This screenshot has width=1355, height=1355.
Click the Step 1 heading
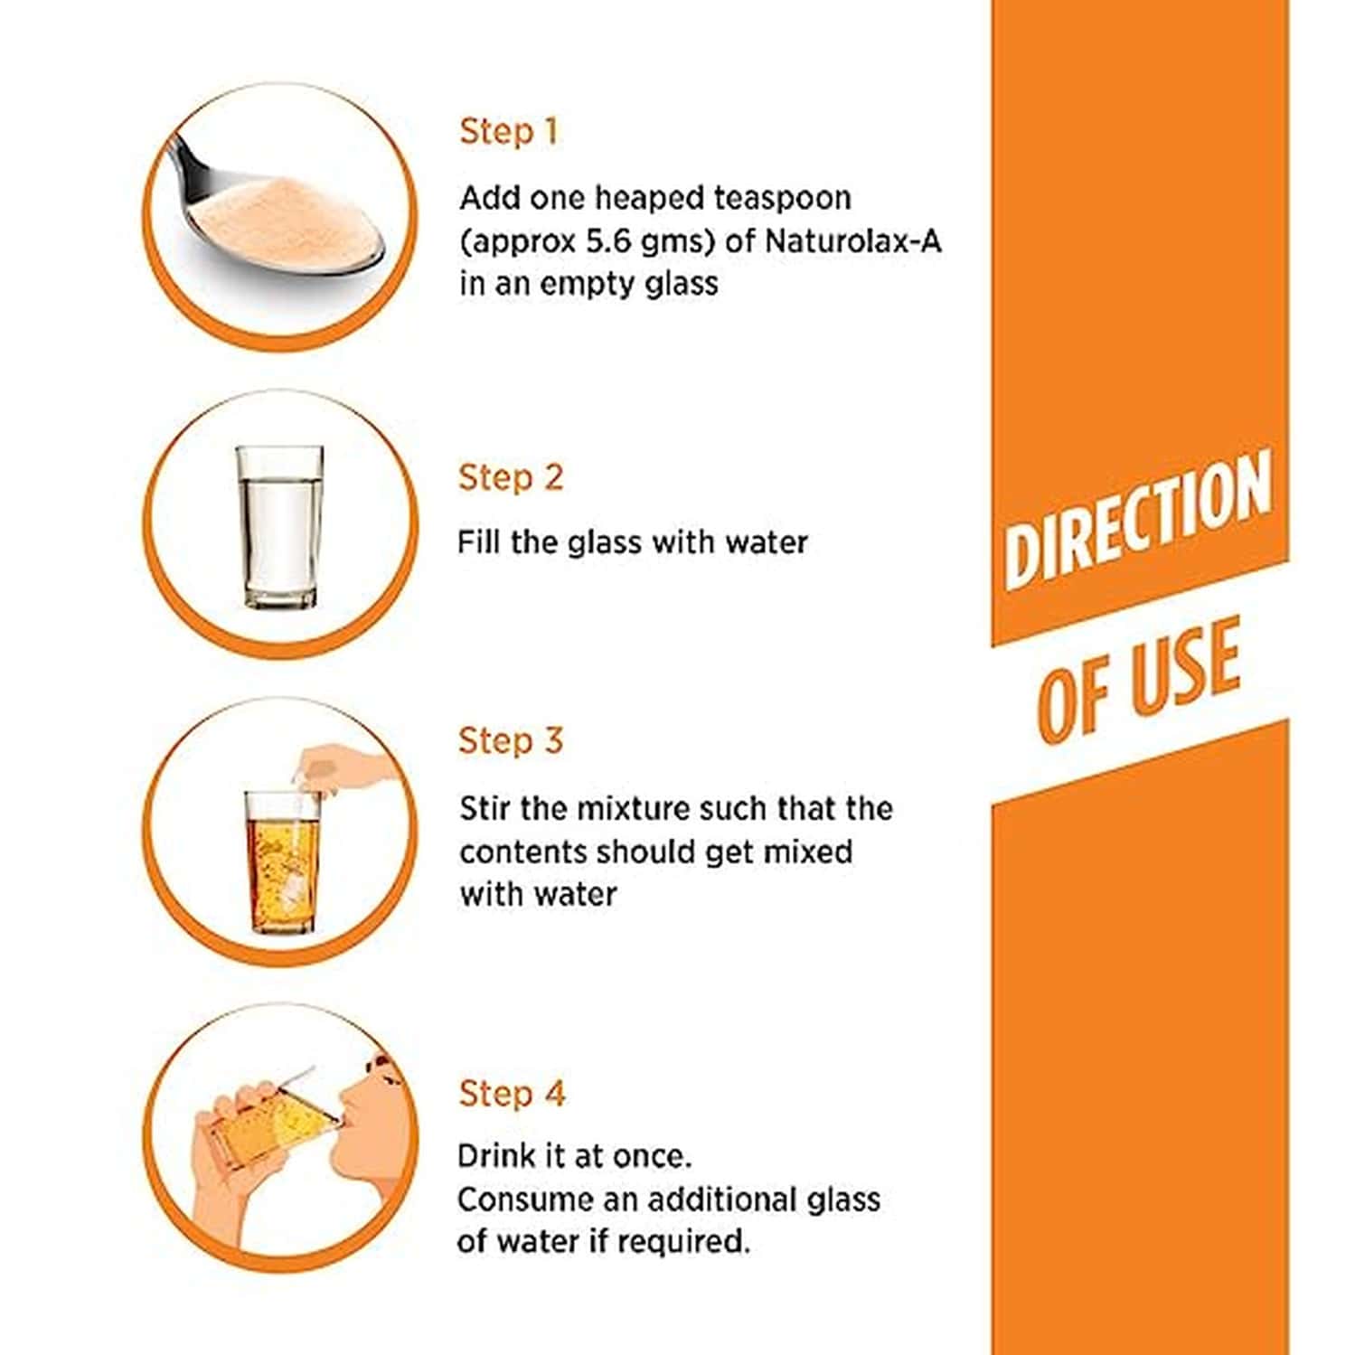(x=508, y=132)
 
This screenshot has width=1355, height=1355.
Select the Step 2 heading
(x=510, y=478)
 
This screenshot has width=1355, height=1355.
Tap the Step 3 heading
(x=510, y=741)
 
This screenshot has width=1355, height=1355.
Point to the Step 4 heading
(x=511, y=1094)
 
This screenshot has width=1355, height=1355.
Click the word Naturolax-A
(x=852, y=241)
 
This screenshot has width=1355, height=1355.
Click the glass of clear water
(x=280, y=526)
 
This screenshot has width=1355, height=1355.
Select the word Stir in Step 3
(x=485, y=808)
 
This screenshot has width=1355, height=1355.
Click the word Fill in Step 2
(x=476, y=542)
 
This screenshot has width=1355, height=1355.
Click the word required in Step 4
(x=687, y=1241)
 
